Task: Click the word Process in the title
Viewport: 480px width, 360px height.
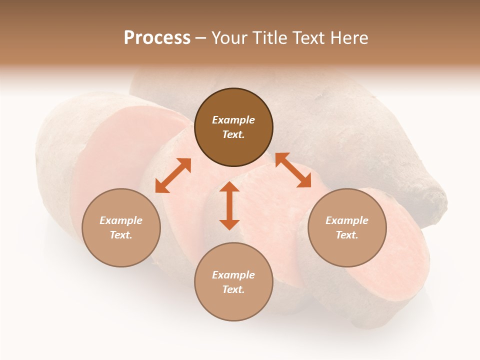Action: pos(157,37)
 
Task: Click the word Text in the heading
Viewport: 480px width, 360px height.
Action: pos(309,37)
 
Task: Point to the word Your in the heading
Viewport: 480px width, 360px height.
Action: pos(229,37)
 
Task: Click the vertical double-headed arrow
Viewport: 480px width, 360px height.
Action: pos(229,206)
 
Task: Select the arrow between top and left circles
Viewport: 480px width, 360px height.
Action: pos(173,175)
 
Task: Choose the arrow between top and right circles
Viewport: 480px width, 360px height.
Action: pos(293,170)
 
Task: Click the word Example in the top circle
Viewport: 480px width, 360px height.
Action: pos(233,120)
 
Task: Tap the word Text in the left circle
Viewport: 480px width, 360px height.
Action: pos(121,235)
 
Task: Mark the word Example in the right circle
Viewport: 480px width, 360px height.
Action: pos(347,220)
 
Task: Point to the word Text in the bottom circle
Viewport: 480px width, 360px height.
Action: pos(233,289)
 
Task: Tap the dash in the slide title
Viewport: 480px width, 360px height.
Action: pos(200,38)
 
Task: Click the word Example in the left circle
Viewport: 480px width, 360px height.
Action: pos(121,220)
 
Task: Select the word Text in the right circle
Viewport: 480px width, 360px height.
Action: pos(347,235)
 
